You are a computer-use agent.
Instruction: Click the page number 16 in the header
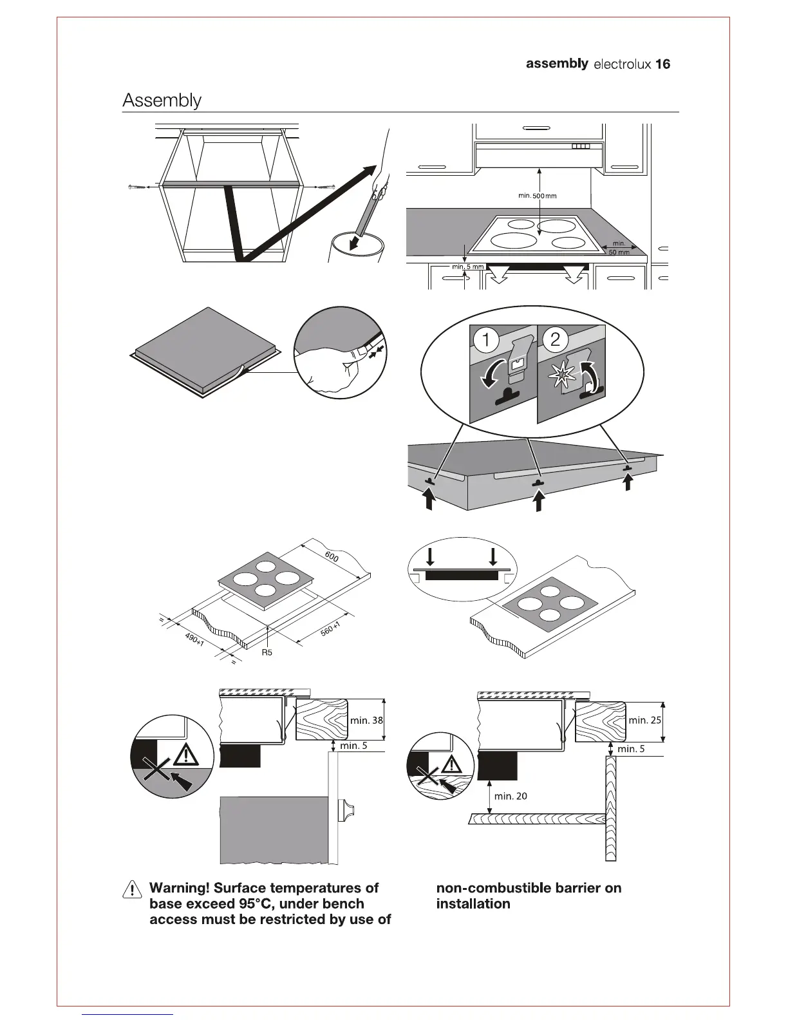pyautogui.click(x=662, y=64)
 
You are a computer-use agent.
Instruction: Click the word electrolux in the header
pyautogui.click(x=621, y=64)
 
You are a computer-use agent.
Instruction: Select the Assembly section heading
pyautogui.click(x=162, y=100)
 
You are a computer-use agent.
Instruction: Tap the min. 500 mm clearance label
pyautogui.click(x=537, y=195)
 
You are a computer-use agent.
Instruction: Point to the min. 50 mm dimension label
pyautogui.click(x=619, y=248)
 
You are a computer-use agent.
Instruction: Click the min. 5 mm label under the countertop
pyautogui.click(x=467, y=267)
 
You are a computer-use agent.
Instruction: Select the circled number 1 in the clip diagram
pyautogui.click(x=487, y=341)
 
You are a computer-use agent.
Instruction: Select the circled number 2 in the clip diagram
pyautogui.click(x=555, y=341)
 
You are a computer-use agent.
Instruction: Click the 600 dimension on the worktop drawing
pyautogui.click(x=332, y=557)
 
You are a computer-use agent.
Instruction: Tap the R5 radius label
pyautogui.click(x=267, y=652)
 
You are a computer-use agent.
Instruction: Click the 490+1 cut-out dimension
pyautogui.click(x=194, y=639)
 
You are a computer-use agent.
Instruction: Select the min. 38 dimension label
pyautogui.click(x=366, y=720)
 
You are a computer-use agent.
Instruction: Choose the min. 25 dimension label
pyautogui.click(x=644, y=720)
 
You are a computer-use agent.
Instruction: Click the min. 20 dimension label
pyautogui.click(x=511, y=796)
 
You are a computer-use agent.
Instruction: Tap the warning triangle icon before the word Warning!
pyautogui.click(x=132, y=889)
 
